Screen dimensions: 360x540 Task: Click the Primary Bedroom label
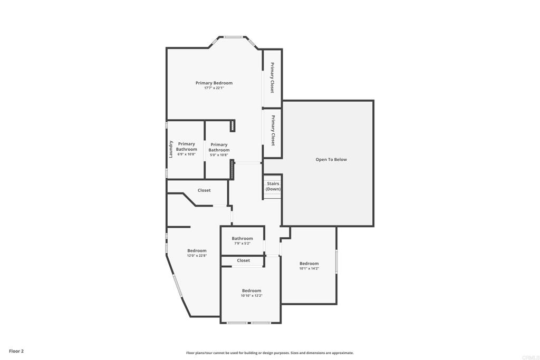tap(214, 83)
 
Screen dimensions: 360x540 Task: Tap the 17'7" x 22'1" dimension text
tap(214, 88)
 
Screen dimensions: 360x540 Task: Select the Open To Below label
tap(331, 159)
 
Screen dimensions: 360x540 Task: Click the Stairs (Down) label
tap(273, 186)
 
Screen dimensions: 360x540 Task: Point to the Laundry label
tap(171, 149)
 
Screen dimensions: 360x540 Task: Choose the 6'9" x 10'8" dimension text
tap(186, 154)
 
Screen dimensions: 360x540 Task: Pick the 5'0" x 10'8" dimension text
tap(219, 155)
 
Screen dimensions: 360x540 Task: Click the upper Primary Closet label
tap(272, 77)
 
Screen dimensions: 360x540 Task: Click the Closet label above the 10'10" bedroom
tap(243, 260)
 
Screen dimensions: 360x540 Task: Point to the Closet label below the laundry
tap(204, 190)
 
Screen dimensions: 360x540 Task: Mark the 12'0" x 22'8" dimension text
tap(197, 256)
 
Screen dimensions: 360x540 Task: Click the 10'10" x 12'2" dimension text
tap(252, 296)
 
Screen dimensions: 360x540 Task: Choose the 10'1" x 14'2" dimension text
tap(309, 269)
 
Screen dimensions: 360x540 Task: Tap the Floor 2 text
tap(16, 351)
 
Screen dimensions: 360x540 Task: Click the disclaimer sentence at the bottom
tap(269, 353)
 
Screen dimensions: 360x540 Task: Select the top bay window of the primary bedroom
tap(233, 37)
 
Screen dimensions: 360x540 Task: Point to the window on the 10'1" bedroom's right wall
tap(336, 261)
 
